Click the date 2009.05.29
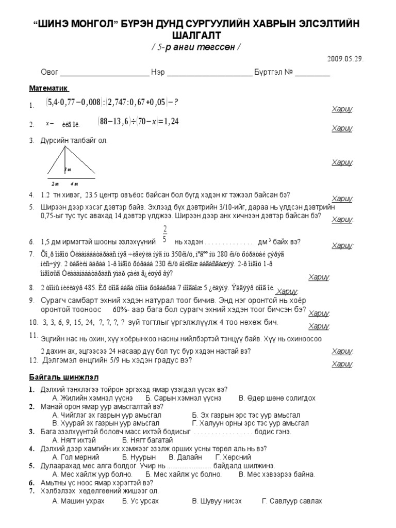click(345, 59)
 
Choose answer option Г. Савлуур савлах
click(292, 501)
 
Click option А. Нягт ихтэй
click(74, 440)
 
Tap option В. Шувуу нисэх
click(217, 501)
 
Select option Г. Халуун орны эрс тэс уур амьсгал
click(250, 423)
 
